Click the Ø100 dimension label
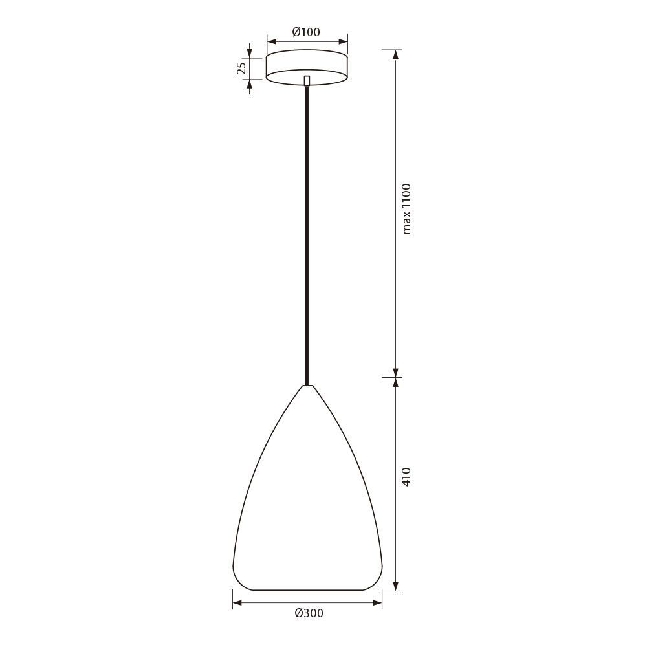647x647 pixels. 306,32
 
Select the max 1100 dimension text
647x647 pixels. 406,209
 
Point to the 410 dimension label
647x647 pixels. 406,477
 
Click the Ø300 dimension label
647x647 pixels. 309,613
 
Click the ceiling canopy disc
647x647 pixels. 307,67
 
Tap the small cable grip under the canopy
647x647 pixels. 306,80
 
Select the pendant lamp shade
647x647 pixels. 307,488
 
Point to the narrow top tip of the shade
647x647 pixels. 307,386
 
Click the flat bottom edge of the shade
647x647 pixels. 307,590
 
